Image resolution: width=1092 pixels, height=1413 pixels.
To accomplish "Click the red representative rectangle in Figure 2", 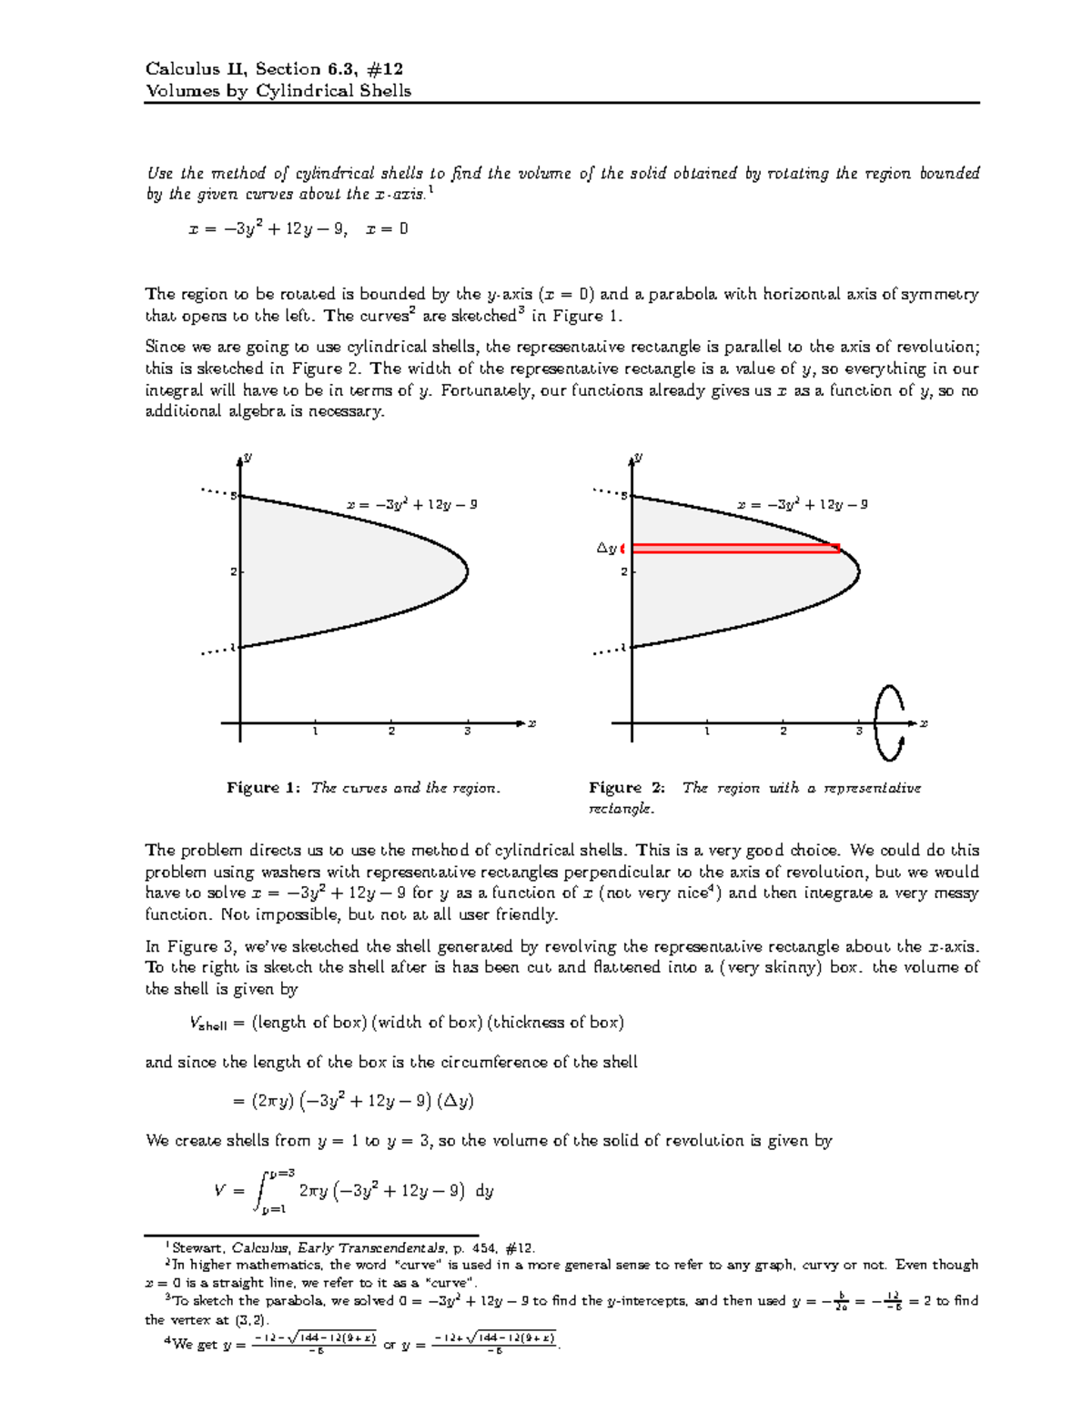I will click(x=735, y=548).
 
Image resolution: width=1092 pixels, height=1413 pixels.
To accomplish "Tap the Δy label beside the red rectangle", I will click(x=606, y=548).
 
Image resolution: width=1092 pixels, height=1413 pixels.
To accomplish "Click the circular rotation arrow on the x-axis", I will click(x=889, y=722).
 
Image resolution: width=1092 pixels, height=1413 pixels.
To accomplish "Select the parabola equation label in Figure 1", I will click(x=411, y=504).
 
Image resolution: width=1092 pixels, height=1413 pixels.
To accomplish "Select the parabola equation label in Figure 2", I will click(x=802, y=504).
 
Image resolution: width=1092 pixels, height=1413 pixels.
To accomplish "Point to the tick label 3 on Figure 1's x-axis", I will click(x=467, y=732).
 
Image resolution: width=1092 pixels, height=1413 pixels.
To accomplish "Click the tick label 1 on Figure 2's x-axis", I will click(x=706, y=732).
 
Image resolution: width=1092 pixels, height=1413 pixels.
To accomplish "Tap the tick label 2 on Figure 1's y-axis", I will click(x=233, y=571).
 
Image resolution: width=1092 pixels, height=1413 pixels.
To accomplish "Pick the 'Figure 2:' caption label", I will click(x=627, y=788).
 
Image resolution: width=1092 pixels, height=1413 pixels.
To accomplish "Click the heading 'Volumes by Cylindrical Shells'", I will click(x=278, y=90).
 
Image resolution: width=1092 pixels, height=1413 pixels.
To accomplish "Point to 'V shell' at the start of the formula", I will click(x=207, y=1023).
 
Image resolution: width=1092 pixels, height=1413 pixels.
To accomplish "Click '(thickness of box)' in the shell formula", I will click(x=555, y=1022).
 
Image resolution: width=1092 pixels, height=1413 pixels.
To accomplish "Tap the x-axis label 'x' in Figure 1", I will click(x=532, y=723).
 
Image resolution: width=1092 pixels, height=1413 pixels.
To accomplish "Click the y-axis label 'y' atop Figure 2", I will click(x=639, y=457).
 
